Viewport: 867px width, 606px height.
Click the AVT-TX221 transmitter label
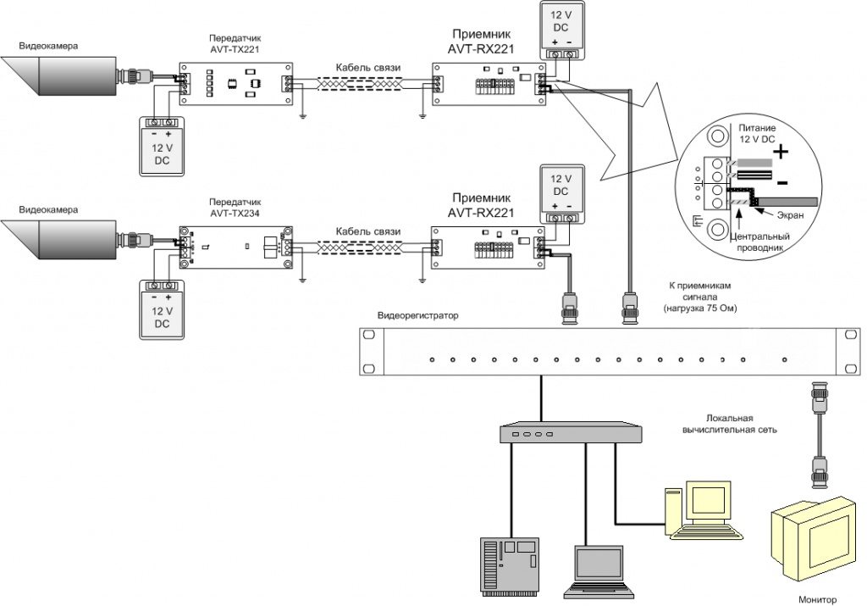[x=235, y=44]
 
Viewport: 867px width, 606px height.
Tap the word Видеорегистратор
[x=418, y=316]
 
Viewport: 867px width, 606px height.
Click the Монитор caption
[x=816, y=598]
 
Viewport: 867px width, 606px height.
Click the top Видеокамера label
[x=48, y=46]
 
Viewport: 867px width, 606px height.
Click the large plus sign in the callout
[x=781, y=152]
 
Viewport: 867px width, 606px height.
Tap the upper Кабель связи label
[x=367, y=67]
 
